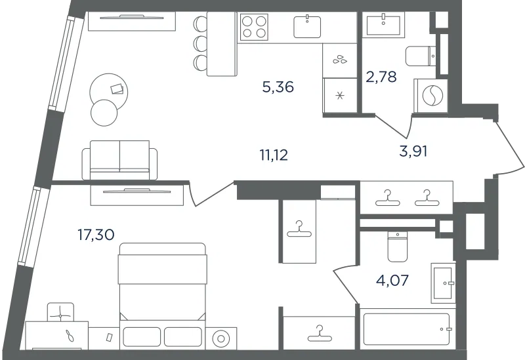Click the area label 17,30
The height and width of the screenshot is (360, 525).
(x=96, y=235)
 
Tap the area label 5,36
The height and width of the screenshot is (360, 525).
(x=278, y=87)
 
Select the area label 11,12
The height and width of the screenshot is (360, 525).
(x=274, y=155)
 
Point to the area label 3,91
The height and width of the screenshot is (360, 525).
(x=413, y=151)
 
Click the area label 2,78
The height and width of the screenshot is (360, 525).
(x=381, y=77)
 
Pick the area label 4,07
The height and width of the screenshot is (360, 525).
(x=392, y=280)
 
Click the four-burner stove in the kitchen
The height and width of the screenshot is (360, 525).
(x=254, y=27)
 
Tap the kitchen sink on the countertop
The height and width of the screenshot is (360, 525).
(x=307, y=26)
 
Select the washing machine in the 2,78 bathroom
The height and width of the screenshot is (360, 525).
(x=431, y=96)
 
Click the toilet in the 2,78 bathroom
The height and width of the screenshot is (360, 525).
(x=421, y=56)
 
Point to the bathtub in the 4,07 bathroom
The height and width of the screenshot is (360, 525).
(x=406, y=329)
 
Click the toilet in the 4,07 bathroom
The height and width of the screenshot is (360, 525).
(x=398, y=247)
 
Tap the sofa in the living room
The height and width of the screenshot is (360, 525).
(x=119, y=160)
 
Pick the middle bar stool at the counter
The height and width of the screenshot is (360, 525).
(x=201, y=43)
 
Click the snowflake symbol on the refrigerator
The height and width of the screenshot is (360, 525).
(x=340, y=96)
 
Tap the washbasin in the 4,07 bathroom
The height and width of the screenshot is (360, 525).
(x=443, y=283)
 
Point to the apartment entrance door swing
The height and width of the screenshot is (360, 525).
(x=509, y=147)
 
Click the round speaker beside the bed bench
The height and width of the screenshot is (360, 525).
(x=220, y=338)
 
